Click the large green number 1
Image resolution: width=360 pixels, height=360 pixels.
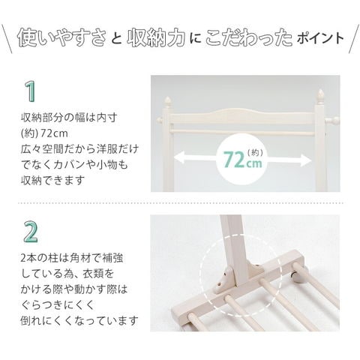pyautogui.click(x=31, y=92)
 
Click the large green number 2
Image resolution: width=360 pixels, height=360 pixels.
pyautogui.click(x=31, y=232)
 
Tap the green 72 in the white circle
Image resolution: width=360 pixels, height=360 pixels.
pyautogui.click(x=234, y=160)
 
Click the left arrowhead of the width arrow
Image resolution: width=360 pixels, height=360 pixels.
pyautogui.click(x=179, y=157)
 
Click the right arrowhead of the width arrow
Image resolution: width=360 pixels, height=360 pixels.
pyautogui.click(x=306, y=160)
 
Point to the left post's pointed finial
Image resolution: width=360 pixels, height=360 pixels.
pyautogui.click(x=169, y=102)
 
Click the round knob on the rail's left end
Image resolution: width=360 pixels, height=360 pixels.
pyautogui.click(x=159, y=120)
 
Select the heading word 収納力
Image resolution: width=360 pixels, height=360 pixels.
pyautogui.click(x=156, y=38)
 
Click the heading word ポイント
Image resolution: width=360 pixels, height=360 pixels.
pyautogui.click(x=320, y=38)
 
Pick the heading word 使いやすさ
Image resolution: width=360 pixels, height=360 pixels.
pyautogui.click(x=61, y=37)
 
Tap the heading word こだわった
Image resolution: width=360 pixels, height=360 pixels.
pyautogui.click(x=249, y=38)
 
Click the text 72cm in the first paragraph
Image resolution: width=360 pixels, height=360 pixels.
pyautogui.click(x=54, y=133)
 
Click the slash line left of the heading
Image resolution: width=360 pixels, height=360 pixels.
pyautogui.click(x=7, y=39)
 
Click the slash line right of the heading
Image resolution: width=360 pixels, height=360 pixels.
pyautogui.click(x=354, y=39)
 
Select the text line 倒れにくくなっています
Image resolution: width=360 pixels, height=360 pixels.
pyautogui.click(x=79, y=320)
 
